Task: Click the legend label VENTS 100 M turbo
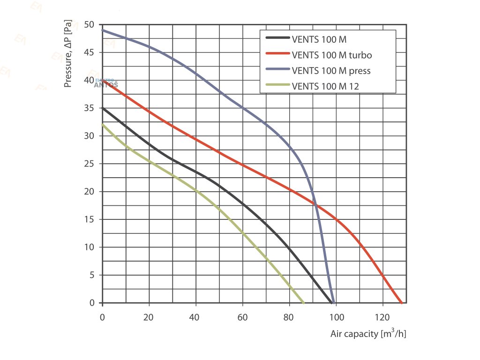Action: point(331,55)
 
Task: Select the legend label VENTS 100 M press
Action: point(331,71)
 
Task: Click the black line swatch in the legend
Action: point(277,39)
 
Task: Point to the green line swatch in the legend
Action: point(277,86)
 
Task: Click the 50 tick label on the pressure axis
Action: point(89,25)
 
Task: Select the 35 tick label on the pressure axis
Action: point(89,108)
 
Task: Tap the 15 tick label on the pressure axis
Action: point(89,219)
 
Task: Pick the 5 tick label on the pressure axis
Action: point(91,275)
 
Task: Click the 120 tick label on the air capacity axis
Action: point(382,316)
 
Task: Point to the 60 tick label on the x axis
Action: point(242,316)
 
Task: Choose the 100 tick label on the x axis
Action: point(336,316)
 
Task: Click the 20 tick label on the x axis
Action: point(149,316)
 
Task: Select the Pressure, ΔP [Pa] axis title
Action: point(68,54)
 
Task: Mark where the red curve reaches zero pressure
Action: point(401,303)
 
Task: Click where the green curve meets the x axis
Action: point(303,303)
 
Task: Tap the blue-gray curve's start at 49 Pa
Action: point(103,30)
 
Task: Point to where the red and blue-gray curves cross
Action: point(316,205)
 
